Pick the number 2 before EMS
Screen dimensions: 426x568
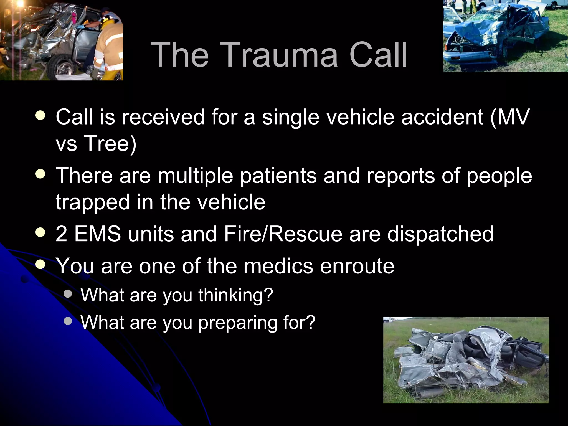[x=61, y=234]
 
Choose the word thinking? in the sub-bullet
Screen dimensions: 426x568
[x=236, y=295]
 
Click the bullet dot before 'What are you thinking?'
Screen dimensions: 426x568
[x=68, y=294]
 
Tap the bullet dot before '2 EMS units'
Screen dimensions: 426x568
[x=40, y=233]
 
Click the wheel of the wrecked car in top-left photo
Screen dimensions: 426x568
[x=63, y=68]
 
